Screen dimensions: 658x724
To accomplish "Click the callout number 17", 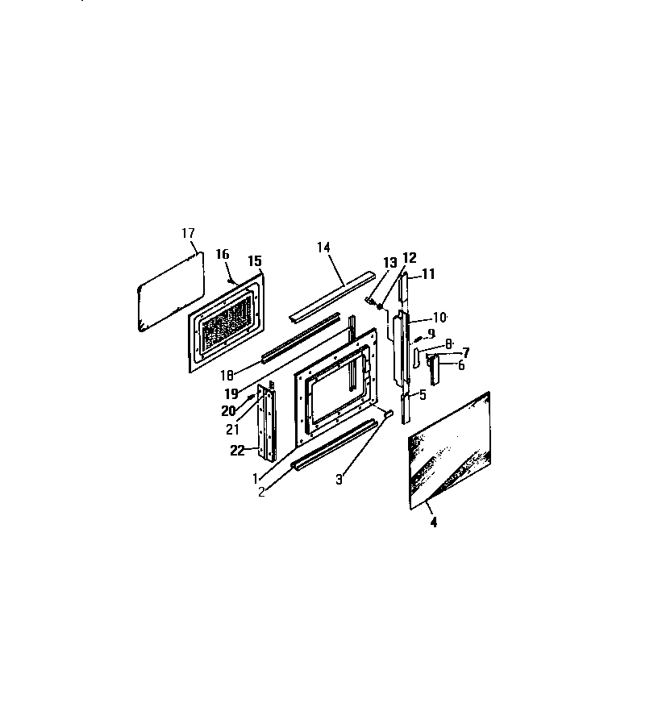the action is coord(188,233).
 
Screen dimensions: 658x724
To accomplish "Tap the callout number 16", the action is coord(222,254).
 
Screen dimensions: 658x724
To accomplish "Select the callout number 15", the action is coord(255,261).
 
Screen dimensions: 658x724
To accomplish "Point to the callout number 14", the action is coord(323,247).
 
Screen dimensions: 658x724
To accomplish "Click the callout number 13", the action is coord(390,263).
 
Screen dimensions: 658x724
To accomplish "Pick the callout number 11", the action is coord(429,274).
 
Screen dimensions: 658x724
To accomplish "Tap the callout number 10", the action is coord(439,317).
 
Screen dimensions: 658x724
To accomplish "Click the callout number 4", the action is coord(433,522).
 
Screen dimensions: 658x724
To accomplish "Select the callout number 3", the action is coord(339,480).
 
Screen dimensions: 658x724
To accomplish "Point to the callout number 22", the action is coord(237,450).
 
